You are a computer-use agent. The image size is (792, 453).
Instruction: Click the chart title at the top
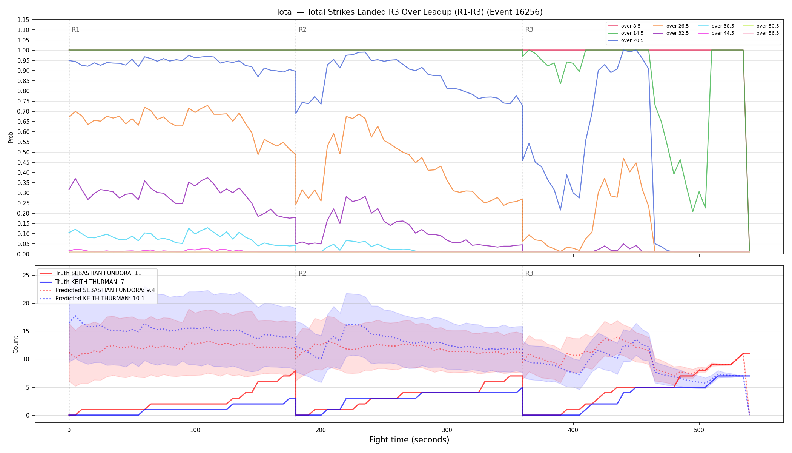tap(409, 12)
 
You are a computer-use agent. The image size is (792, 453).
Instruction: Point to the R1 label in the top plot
tap(75, 29)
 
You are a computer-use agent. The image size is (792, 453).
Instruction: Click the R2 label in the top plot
tap(302, 29)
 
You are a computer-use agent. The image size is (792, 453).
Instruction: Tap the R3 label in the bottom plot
tap(529, 273)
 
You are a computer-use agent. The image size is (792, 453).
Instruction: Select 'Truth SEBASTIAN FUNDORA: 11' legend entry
tap(91, 273)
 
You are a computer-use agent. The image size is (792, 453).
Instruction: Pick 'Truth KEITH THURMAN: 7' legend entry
tap(82, 282)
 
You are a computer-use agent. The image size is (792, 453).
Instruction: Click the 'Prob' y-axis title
tap(11, 137)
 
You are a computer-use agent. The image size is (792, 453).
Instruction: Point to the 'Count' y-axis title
tap(15, 344)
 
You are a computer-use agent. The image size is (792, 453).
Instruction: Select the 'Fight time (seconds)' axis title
tap(409, 440)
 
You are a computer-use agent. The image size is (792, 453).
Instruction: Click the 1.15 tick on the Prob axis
tap(23, 20)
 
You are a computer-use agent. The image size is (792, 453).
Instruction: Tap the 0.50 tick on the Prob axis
tap(23, 152)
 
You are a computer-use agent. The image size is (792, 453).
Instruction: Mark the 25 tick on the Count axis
tap(26, 275)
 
